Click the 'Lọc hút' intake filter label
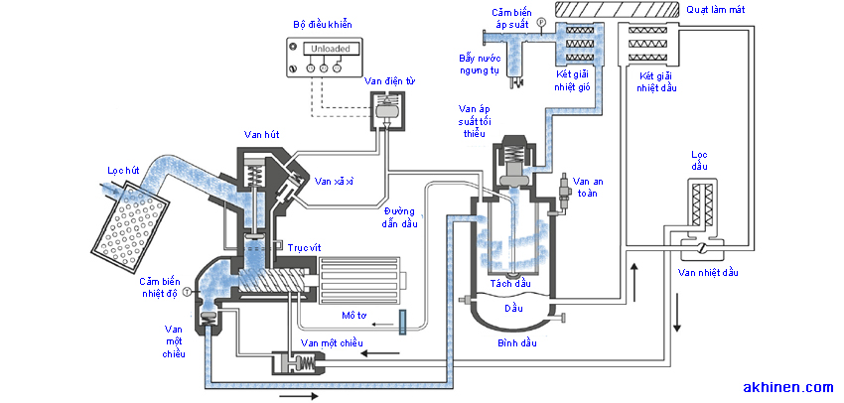(x=124, y=171)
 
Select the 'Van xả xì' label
(x=334, y=182)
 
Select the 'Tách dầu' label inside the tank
(x=510, y=283)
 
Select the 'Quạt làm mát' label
(x=723, y=9)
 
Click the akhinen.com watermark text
(x=787, y=386)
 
